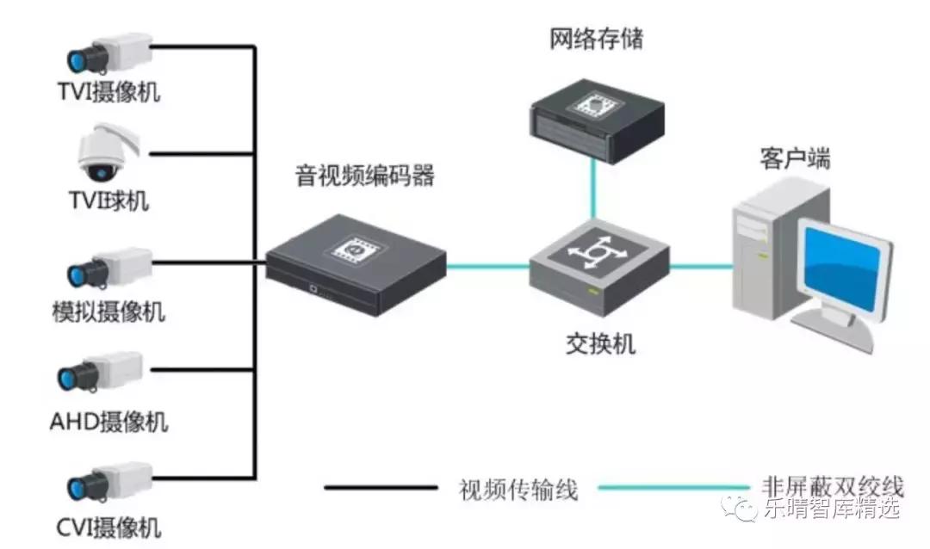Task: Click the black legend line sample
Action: click(380, 489)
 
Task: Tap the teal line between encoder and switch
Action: click(487, 266)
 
